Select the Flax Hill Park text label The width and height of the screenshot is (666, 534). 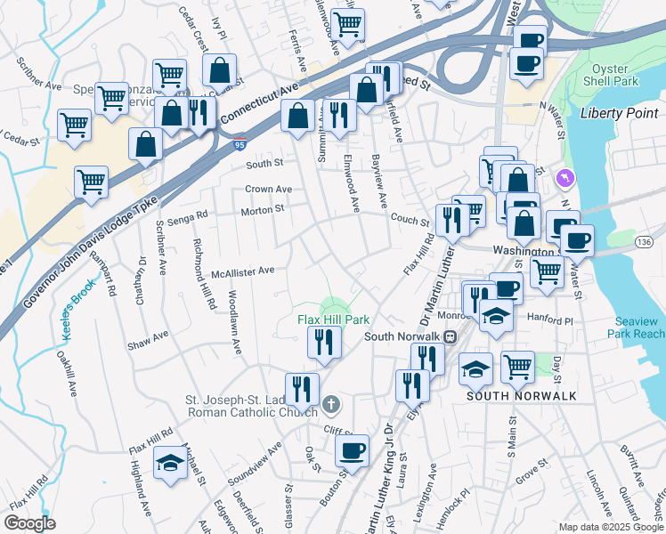pos(333,319)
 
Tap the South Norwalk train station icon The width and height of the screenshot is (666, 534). pos(451,336)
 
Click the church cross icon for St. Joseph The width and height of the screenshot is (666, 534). pos(330,405)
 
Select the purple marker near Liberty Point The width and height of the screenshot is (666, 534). pos(564,180)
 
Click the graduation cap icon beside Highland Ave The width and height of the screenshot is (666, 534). pos(170,463)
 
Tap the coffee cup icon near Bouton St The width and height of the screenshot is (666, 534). pos(352,449)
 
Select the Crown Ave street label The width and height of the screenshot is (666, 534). pos(269,190)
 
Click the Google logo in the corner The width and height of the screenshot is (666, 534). pos(29,523)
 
